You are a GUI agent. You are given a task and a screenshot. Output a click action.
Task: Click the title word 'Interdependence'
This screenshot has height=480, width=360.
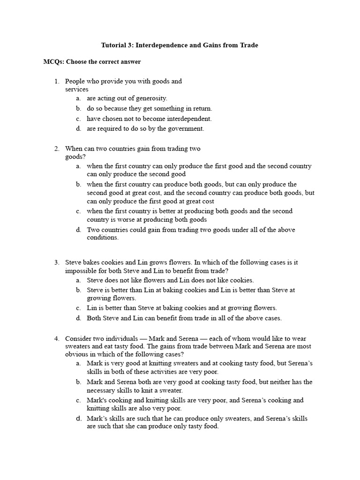click(x=159, y=45)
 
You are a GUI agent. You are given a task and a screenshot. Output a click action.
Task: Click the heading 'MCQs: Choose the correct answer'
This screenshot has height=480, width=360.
click(x=92, y=62)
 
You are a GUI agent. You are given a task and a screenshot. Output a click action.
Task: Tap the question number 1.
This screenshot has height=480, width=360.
click(x=56, y=82)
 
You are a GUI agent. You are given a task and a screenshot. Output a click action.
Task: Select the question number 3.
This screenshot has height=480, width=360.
click(x=56, y=263)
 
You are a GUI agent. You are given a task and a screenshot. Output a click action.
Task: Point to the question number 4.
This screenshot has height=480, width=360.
click(x=56, y=338)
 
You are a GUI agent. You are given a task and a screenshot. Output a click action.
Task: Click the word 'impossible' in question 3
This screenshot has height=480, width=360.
click(x=80, y=271)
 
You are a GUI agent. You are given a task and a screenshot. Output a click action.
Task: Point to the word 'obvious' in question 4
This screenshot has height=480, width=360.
click(x=76, y=354)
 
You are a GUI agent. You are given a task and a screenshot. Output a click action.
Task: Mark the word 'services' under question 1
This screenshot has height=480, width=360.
click(x=76, y=89)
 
